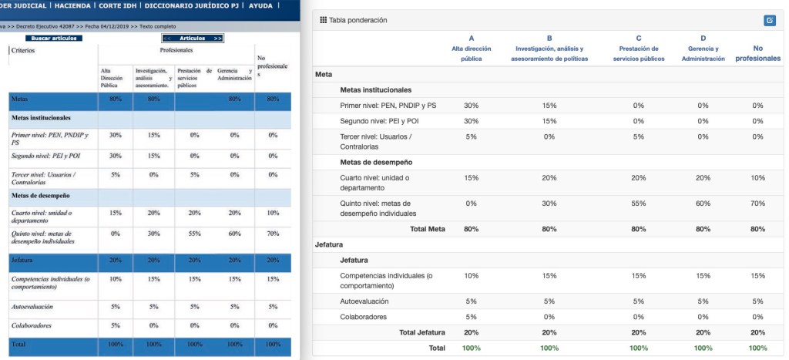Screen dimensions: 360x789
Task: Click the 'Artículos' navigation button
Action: [x=192, y=38]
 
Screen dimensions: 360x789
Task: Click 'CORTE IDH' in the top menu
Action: [x=119, y=5]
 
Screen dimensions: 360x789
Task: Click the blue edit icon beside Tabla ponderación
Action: [x=769, y=20]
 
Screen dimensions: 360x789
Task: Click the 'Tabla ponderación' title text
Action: [x=358, y=20]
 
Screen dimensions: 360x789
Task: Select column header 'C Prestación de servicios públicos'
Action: [x=639, y=48]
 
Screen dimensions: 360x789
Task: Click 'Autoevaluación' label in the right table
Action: [x=364, y=301]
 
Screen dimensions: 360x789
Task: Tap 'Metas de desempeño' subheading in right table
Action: [x=376, y=162]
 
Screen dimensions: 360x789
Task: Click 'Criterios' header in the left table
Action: [x=23, y=51]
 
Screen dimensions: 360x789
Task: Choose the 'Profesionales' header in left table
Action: [x=176, y=50]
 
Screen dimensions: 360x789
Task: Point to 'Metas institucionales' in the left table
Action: [x=40, y=118]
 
